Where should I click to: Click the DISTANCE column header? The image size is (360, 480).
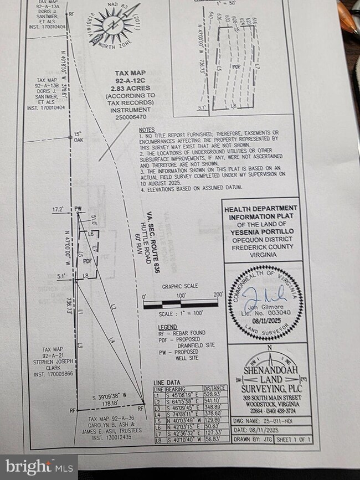[213, 388]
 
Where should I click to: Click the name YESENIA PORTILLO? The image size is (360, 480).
[263, 230]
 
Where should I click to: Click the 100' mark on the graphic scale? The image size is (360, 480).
[181, 296]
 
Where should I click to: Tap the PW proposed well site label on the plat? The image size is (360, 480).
[78, 208]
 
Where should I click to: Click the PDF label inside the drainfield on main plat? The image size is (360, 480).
[87, 260]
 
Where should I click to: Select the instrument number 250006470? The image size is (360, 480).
[131, 117]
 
